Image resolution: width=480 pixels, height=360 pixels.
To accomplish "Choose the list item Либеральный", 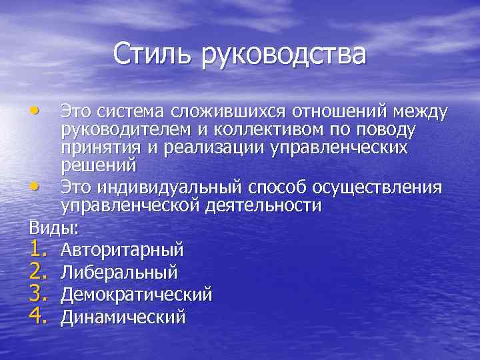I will [119, 272].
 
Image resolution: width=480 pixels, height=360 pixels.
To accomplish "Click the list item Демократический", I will [136, 294].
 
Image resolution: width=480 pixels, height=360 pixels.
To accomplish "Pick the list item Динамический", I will [123, 317].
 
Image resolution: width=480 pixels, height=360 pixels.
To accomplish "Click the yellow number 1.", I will [38, 249].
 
